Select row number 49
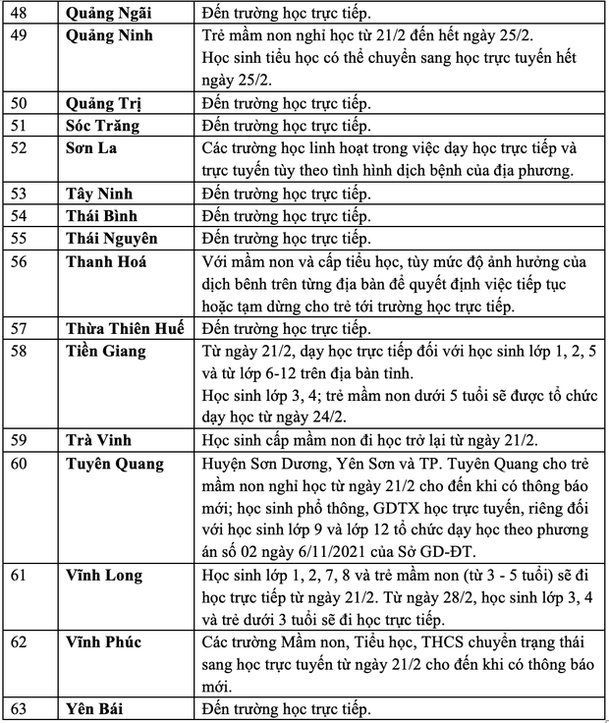(21, 37)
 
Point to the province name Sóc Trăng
(102, 126)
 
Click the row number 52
(21, 148)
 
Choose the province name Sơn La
(91, 148)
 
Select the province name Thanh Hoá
(107, 262)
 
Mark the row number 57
(21, 328)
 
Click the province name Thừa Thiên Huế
(124, 328)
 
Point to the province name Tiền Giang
(106, 351)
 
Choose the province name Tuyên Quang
(115, 463)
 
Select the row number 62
(21, 642)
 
